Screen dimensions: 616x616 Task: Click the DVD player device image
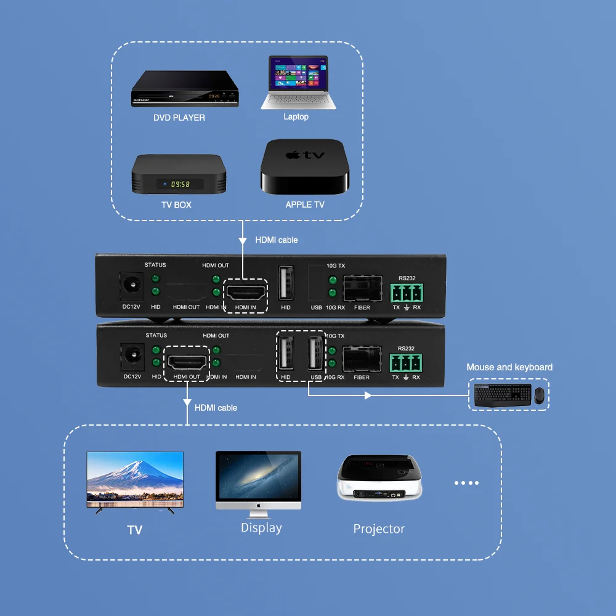[185, 89]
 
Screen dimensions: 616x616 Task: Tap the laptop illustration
[298, 83]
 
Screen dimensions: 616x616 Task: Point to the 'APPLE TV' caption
[304, 205]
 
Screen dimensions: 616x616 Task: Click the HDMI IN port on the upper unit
[245, 290]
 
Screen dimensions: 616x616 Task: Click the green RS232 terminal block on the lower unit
[406, 362]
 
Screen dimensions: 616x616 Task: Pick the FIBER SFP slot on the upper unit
[362, 288]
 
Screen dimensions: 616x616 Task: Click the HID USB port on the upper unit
[286, 283]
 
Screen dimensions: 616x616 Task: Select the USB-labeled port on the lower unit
[316, 354]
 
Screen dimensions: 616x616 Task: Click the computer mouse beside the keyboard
[539, 395]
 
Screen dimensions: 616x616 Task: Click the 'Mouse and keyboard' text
[509, 367]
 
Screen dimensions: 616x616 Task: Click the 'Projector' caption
[379, 529]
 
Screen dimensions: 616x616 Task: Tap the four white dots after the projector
[466, 483]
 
